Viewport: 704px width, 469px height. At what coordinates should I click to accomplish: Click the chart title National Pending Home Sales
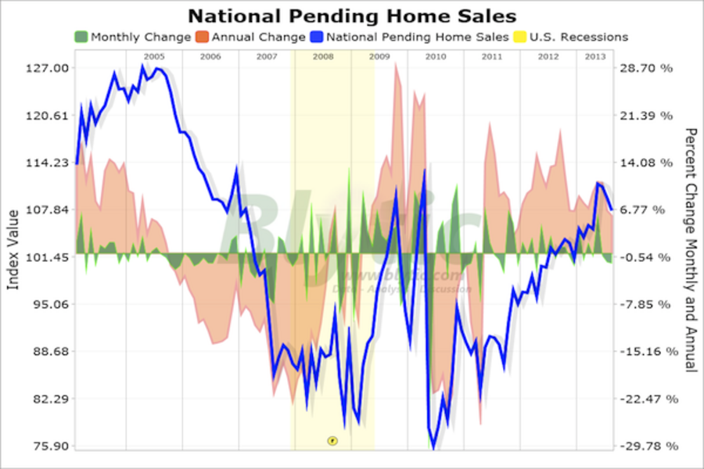[x=351, y=15]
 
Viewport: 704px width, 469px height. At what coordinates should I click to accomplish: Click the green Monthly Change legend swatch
[x=81, y=37]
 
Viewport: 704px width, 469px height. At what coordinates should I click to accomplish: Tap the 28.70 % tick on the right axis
[x=646, y=68]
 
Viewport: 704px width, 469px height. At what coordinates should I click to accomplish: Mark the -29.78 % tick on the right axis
[x=645, y=446]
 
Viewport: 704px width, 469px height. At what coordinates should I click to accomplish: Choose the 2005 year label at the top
[x=154, y=56]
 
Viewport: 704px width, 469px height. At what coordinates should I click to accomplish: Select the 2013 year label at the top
[x=595, y=56]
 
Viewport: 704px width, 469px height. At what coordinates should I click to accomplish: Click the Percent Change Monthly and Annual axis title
[x=690, y=250]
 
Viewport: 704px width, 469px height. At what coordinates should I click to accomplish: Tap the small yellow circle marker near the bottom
[x=332, y=441]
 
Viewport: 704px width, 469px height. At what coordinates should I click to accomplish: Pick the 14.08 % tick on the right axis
[x=646, y=163]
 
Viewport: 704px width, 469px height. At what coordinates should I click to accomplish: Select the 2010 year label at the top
[x=436, y=56]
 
